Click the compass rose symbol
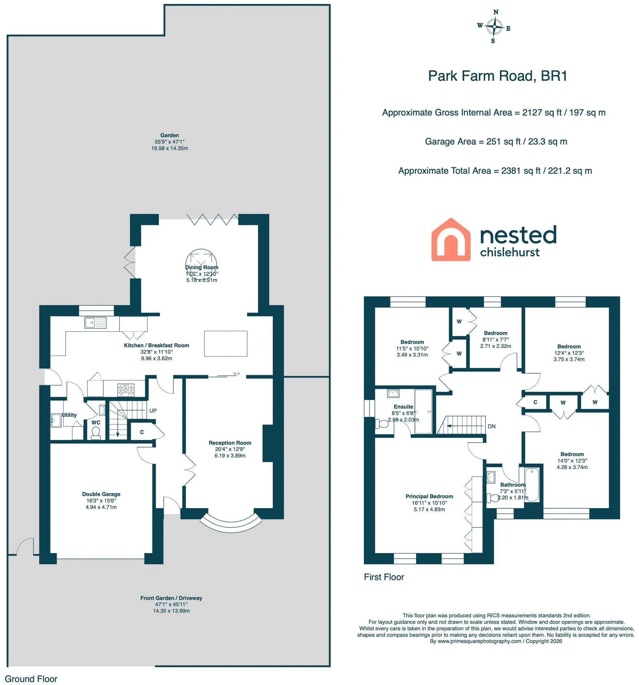(x=494, y=27)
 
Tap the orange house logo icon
(x=451, y=240)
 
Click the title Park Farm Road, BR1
(x=497, y=76)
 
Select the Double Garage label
(x=101, y=494)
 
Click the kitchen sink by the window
(x=95, y=323)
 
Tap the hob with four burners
(x=126, y=390)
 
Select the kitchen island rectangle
(x=226, y=344)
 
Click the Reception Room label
(x=230, y=443)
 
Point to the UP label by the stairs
(x=153, y=411)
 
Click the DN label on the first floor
(x=492, y=426)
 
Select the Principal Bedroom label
(x=429, y=497)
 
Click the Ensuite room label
(x=404, y=407)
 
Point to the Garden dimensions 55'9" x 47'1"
(x=169, y=142)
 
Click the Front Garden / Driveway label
(x=171, y=598)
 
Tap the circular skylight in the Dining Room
(x=201, y=264)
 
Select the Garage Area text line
(x=496, y=142)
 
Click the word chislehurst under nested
(x=510, y=252)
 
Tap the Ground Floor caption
(x=31, y=679)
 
